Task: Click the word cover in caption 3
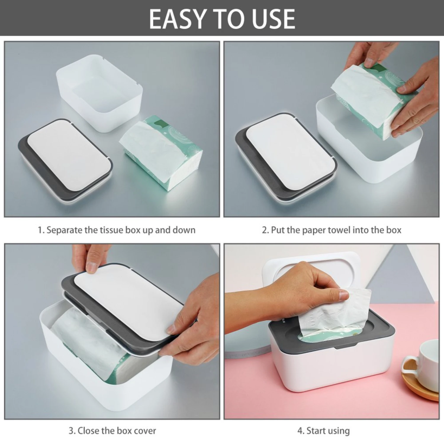click(144, 430)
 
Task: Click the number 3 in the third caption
click(71, 430)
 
